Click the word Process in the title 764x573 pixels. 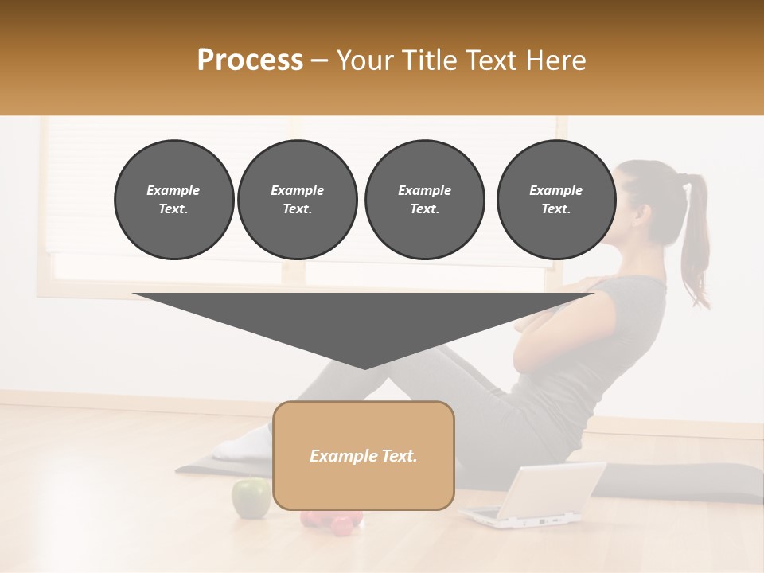250,60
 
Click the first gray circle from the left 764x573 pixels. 173,200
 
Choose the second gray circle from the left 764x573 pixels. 297,200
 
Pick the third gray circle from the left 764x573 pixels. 424,200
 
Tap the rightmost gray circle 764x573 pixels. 556,200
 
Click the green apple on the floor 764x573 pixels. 250,498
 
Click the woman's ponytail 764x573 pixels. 696,239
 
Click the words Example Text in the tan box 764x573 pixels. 363,456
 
